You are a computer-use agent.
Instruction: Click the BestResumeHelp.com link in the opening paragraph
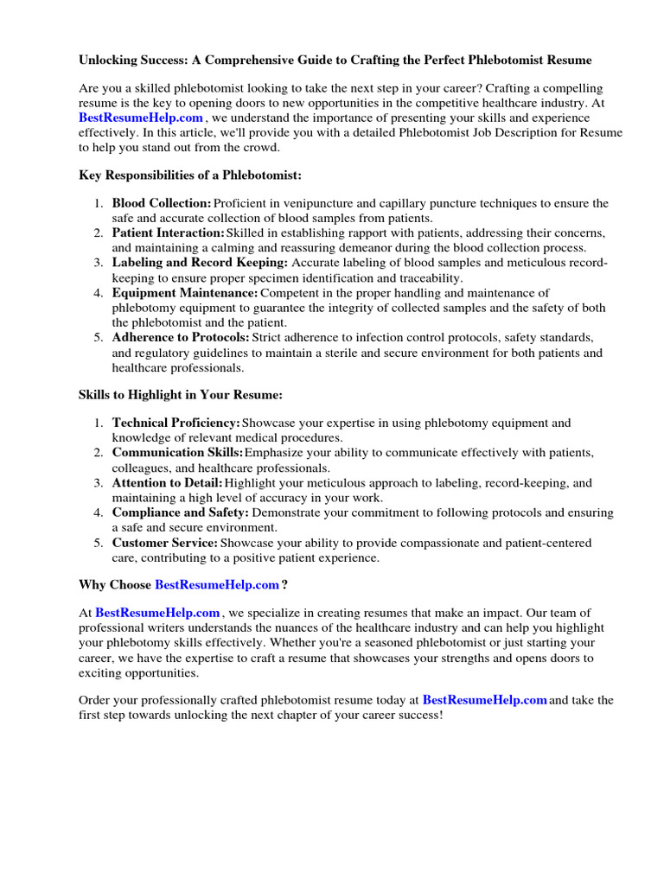[141, 118]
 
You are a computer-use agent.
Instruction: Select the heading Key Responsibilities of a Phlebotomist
[190, 175]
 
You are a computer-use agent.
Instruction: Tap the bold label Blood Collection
[162, 203]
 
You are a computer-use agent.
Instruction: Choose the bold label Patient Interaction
[168, 233]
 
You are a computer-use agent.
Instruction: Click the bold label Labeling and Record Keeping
[201, 263]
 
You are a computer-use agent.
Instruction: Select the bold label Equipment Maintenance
[185, 293]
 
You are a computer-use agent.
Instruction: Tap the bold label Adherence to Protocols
[181, 337]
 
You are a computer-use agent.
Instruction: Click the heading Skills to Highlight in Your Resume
[181, 395]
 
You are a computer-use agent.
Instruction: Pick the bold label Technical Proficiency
[176, 423]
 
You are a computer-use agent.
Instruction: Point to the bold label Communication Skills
[178, 453]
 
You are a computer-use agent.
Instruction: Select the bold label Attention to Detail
[168, 482]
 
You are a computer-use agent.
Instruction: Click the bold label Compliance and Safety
[181, 513]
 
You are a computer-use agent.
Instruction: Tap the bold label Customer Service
[165, 543]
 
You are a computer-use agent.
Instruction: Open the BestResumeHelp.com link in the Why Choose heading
[217, 585]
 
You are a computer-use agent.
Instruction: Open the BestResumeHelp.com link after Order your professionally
[485, 701]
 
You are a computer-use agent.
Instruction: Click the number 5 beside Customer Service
[99, 543]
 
